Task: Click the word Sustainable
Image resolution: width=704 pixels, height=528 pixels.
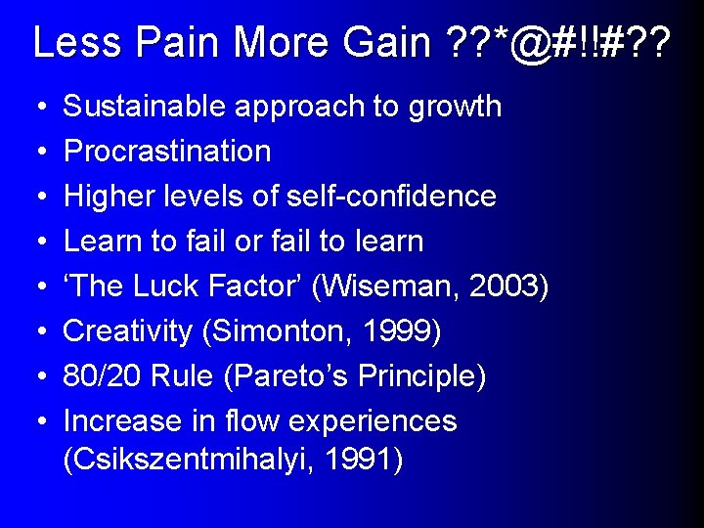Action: tap(137, 107)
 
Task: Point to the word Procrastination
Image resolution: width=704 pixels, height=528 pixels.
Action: tap(167, 152)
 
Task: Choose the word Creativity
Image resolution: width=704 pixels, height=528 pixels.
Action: tap(128, 331)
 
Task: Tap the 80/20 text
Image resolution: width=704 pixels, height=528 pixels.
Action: tap(101, 376)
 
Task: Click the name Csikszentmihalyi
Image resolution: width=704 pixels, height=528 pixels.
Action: tap(192, 460)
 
